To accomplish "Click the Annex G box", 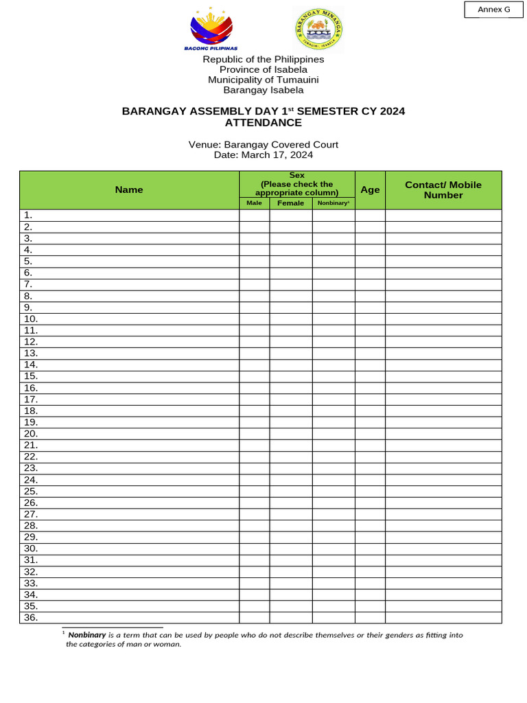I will click(x=493, y=10).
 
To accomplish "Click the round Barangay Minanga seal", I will click(x=318, y=30).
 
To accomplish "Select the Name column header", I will click(x=129, y=189).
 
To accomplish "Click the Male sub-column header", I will click(x=254, y=203).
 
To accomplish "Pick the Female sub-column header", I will click(x=291, y=203).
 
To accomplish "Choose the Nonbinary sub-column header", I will click(x=333, y=203).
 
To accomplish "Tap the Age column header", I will click(x=370, y=189).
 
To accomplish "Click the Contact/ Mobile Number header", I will click(x=443, y=189).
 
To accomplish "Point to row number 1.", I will click(x=28, y=216).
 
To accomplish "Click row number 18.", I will click(x=31, y=411).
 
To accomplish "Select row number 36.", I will click(x=31, y=618).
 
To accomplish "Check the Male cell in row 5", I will click(x=254, y=262).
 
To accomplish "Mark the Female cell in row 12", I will click(x=291, y=342).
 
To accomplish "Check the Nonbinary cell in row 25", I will click(x=333, y=492).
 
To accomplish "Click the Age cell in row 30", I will click(x=370, y=549).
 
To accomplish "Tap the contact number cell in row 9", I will click(x=443, y=308).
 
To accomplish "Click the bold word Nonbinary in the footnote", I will click(x=86, y=635).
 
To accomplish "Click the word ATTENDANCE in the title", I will click(x=263, y=123).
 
